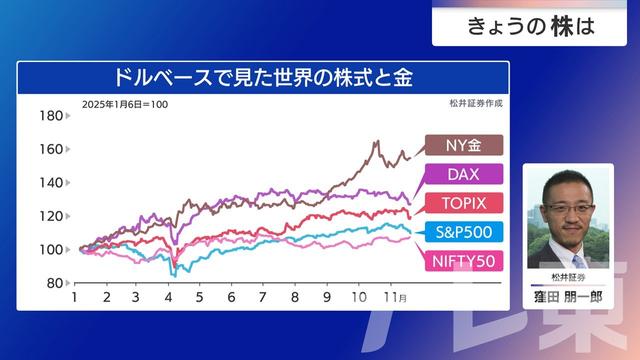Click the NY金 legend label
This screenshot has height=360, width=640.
coord(462,147)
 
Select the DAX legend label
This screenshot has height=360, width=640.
coord(462,175)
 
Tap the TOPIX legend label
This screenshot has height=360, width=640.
coord(462,203)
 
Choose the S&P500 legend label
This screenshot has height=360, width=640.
coord(462,232)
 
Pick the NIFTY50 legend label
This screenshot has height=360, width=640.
coord(462,260)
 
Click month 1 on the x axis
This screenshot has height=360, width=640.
coord(75,298)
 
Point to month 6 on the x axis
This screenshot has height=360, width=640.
coord(231,298)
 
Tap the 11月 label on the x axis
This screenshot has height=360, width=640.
coord(394,298)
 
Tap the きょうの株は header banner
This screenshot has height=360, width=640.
coord(531,27)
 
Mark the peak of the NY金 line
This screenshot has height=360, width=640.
coord(376,142)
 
